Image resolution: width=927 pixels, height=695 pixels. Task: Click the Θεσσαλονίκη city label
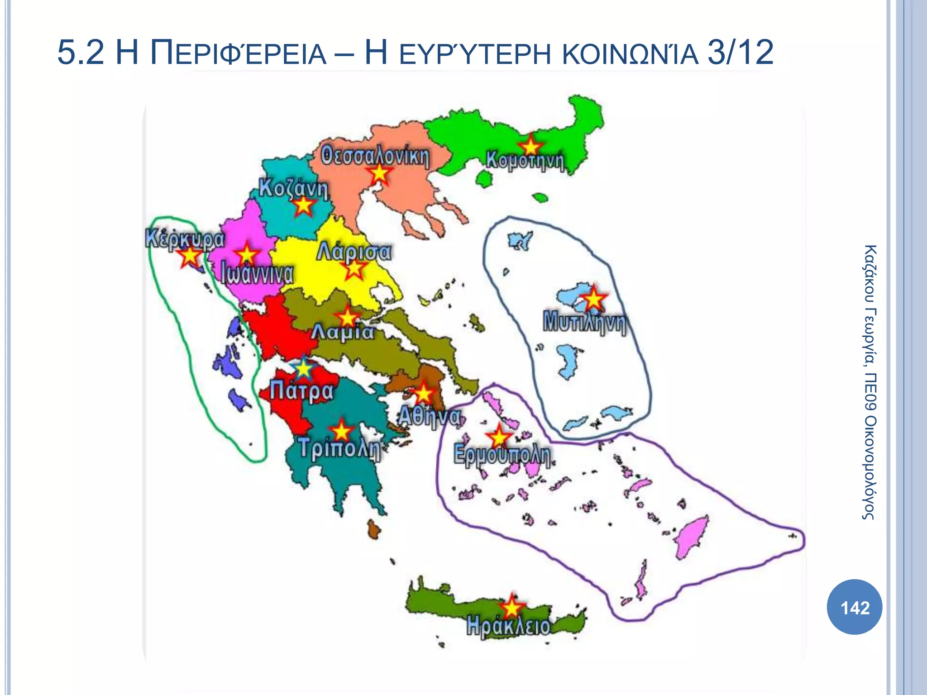[375, 157]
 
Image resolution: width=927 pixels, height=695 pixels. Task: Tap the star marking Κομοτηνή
[530, 146]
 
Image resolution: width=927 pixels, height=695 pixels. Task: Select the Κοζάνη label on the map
[293, 188]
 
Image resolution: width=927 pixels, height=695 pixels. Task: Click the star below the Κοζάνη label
[304, 206]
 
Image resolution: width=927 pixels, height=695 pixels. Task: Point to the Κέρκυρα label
[185, 238]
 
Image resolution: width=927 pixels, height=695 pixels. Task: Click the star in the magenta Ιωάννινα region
[247, 254]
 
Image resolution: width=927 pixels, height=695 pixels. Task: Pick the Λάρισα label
[354, 252]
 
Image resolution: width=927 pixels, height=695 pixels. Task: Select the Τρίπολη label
[339, 449]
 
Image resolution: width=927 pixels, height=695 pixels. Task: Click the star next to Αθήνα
[424, 394]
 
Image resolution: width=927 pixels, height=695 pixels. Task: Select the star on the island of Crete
[511, 606]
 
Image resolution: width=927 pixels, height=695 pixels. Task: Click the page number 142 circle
[855, 607]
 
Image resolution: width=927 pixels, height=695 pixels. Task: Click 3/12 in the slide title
[740, 53]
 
